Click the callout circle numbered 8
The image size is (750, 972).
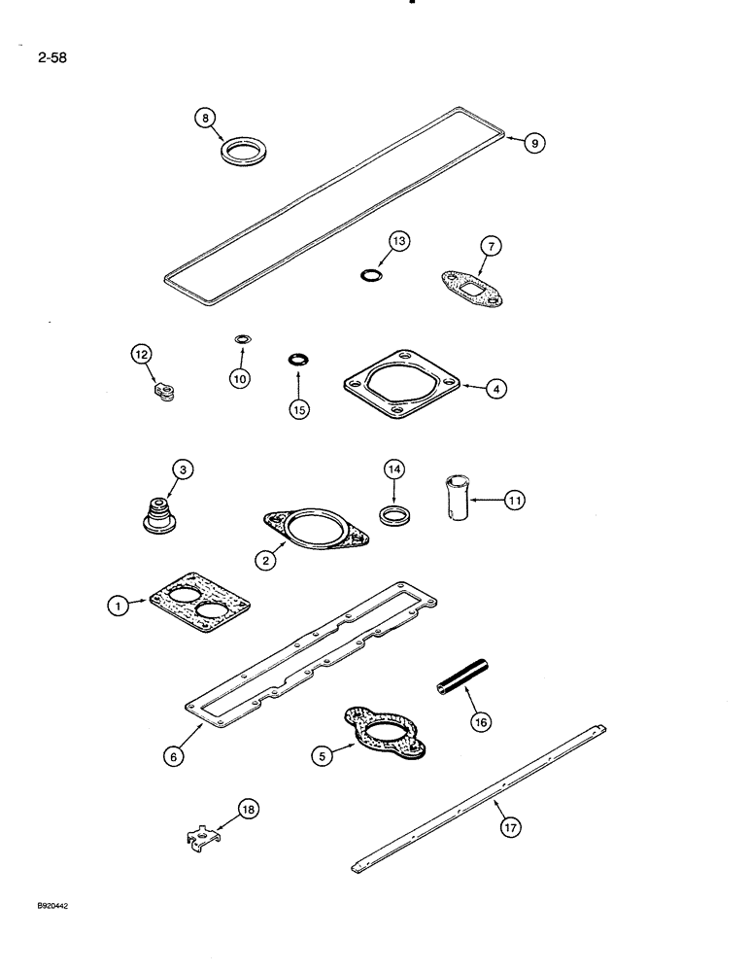click(x=204, y=118)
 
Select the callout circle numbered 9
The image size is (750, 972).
click(x=534, y=143)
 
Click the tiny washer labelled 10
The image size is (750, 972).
click(x=241, y=339)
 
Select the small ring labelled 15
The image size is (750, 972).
click(x=298, y=362)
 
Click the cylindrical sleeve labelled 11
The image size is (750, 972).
click(x=457, y=499)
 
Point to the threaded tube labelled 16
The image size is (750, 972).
click(x=463, y=677)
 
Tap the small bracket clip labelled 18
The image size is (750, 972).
click(x=202, y=837)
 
